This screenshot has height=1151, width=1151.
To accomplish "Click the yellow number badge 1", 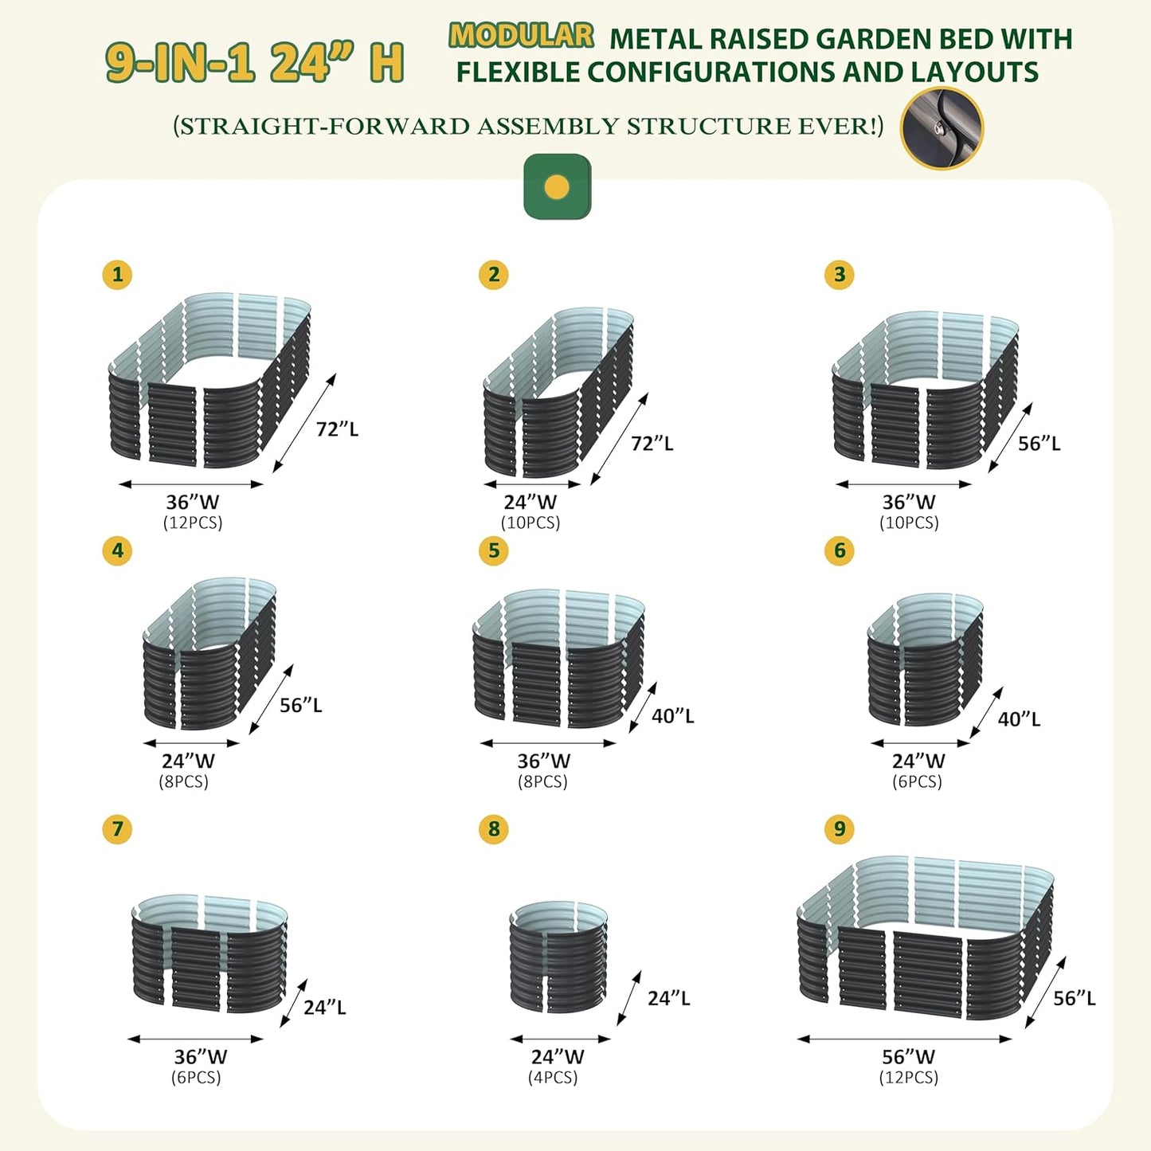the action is tap(117, 275).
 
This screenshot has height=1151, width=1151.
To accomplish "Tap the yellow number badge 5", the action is tap(493, 550).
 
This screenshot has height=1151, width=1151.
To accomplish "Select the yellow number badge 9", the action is tap(840, 828).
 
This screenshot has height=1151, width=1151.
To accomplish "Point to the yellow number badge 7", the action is tap(117, 828).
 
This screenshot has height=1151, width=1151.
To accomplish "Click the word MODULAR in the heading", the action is tap(522, 36).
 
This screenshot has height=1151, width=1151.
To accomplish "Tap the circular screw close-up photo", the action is tap(942, 127).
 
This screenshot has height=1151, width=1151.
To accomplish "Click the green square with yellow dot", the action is tap(558, 187).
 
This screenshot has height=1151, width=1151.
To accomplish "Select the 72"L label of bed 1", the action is tap(337, 429).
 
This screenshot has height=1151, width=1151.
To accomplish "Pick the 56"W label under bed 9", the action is tap(908, 1057).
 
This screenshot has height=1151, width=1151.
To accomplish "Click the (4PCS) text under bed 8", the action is tap(553, 1078).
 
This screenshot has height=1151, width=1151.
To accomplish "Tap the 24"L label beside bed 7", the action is tap(324, 1007).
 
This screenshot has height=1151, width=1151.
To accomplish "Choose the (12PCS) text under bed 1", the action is tap(193, 523).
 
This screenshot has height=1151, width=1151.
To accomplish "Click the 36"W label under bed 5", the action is tap(543, 761).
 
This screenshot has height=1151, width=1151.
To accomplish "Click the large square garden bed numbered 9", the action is tap(925, 940).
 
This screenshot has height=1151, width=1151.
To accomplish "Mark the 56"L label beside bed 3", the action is tap(1039, 443).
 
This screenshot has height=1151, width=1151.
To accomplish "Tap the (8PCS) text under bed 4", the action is tap(183, 781).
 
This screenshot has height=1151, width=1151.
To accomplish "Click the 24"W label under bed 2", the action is tap(530, 502).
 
